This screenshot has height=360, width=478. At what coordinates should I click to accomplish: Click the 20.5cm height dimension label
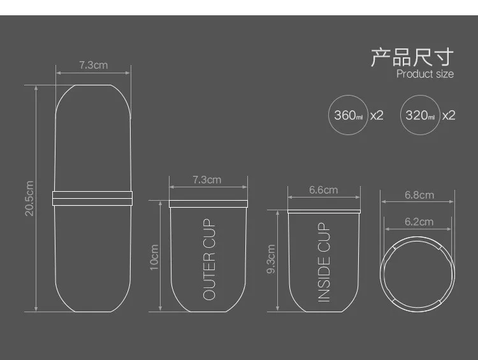pyautogui.click(x=29, y=198)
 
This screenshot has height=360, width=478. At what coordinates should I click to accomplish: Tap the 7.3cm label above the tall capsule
pyautogui.click(x=94, y=65)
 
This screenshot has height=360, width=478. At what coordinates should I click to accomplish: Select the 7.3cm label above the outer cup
pyautogui.click(x=207, y=180)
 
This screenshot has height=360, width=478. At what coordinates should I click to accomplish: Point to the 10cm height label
pyautogui.click(x=154, y=257)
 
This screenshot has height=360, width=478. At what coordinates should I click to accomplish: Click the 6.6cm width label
pyautogui.click(x=323, y=190)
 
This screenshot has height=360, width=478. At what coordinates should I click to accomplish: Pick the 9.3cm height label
pyautogui.click(x=271, y=259)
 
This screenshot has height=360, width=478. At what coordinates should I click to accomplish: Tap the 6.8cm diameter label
pyautogui.click(x=419, y=195)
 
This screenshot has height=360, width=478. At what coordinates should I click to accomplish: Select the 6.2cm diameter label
pyautogui.click(x=419, y=222)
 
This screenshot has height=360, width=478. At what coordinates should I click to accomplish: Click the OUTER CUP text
pyautogui.click(x=209, y=259)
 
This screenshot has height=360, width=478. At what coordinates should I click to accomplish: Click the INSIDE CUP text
pyautogui.click(x=324, y=262)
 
